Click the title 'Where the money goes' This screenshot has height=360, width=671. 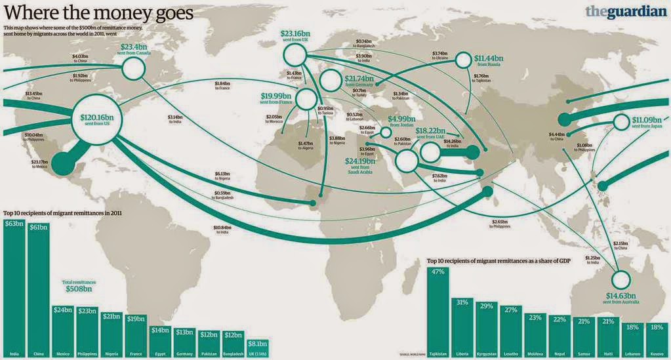click(98, 12)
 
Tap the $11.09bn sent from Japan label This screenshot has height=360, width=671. click(648, 123)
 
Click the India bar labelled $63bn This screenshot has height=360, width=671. click(14, 289)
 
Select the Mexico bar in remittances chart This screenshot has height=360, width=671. click(64, 331)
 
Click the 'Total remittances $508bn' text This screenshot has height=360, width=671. click(78, 285)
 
